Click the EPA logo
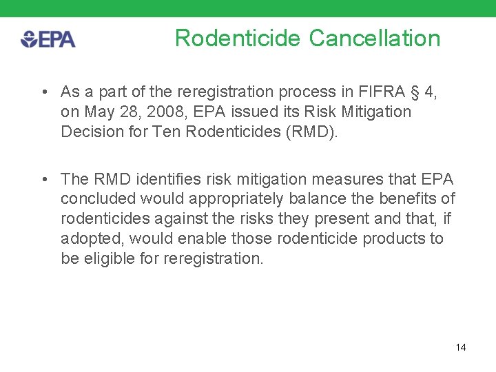pyautogui.click(x=48, y=39)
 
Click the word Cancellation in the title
pyautogui.click(x=375, y=38)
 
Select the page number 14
pyautogui.click(x=460, y=347)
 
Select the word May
pyautogui.click(x=95, y=112)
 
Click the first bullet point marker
pyautogui.click(x=43, y=92)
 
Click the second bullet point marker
pyautogui.click(x=43, y=179)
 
